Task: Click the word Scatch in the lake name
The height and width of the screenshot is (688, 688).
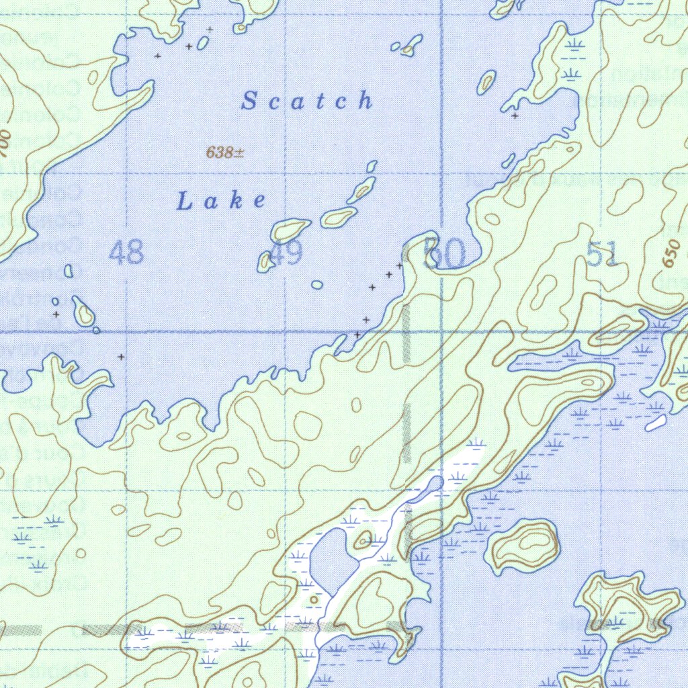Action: [x=307, y=101]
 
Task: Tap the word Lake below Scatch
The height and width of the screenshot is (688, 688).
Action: [x=221, y=200]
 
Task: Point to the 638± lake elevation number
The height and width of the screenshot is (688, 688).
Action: [x=224, y=153]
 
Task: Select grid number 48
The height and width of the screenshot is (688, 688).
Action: [x=126, y=253]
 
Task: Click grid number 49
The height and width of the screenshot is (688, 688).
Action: [x=288, y=254]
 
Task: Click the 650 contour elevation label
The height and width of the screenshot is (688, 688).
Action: [x=669, y=254]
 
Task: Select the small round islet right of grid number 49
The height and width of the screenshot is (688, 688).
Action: [x=317, y=285]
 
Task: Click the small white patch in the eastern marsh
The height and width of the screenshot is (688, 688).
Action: [x=656, y=423]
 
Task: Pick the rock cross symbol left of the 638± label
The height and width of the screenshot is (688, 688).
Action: [x=158, y=56]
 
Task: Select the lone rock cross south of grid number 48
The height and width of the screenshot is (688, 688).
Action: [x=121, y=357]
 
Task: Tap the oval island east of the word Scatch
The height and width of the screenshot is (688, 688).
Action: [x=486, y=82]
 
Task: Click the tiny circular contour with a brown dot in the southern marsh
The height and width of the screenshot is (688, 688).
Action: [x=313, y=599]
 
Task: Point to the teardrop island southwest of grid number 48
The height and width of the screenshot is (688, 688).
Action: [x=84, y=312]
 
